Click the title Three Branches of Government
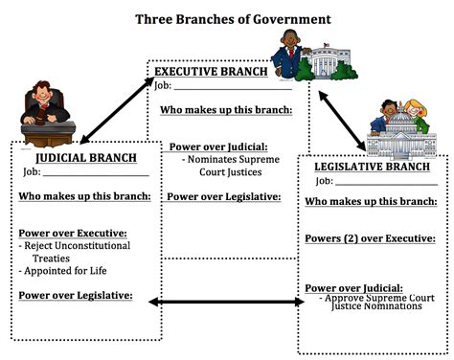[233, 18]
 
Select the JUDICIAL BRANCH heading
[86, 157]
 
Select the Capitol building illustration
[395, 144]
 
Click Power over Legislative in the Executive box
[223, 197]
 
